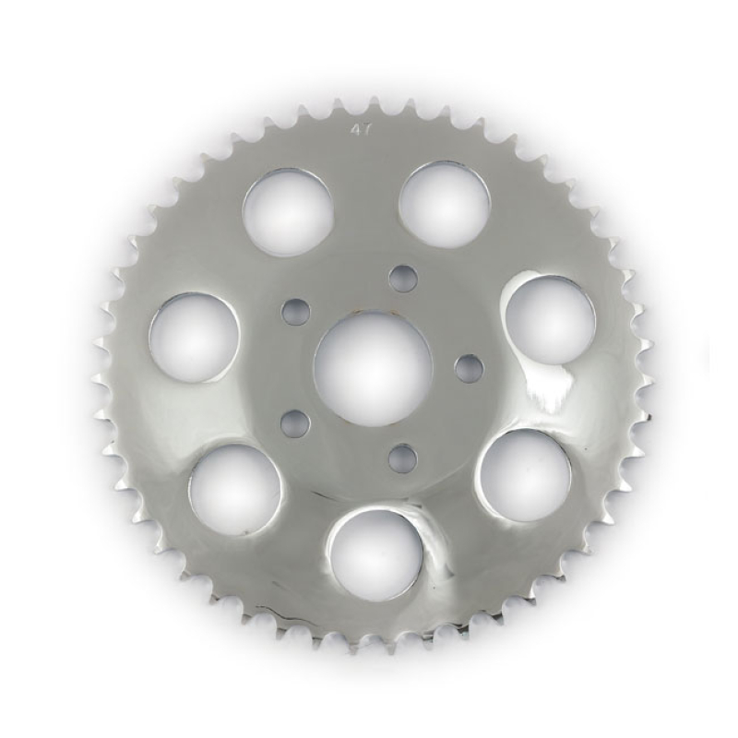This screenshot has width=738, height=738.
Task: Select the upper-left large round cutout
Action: [288, 212]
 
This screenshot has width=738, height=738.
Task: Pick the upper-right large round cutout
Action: [444, 204]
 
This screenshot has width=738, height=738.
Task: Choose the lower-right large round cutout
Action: [524, 474]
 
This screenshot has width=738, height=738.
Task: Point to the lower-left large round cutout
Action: [234, 488]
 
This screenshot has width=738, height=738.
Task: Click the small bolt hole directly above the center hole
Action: [402, 278]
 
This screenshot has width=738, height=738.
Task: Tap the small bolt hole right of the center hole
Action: [469, 368]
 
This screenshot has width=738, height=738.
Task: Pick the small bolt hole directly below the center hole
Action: [402, 458]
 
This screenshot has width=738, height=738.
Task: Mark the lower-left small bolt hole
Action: [295, 423]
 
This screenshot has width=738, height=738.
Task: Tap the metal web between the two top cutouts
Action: [366, 203]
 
